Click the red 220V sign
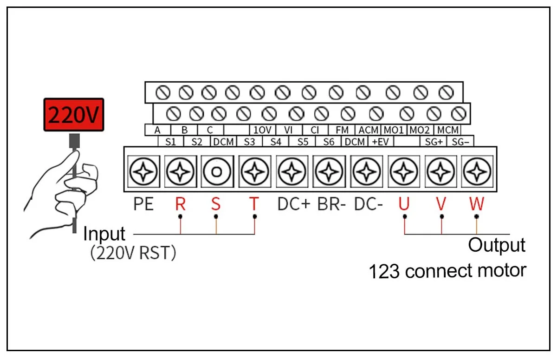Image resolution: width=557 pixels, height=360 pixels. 74,114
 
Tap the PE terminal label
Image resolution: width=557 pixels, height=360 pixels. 143,204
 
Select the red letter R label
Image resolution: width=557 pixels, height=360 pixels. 180,204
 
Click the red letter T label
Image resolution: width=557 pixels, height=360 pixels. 254,204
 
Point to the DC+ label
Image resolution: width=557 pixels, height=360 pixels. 294,204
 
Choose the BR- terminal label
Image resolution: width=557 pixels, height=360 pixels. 331,204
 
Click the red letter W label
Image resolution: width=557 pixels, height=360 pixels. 477,204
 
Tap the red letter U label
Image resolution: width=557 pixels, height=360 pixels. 404,204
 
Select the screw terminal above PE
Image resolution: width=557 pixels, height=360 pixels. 143,171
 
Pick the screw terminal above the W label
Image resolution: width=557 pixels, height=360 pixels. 477,171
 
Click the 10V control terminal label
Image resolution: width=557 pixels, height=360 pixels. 262,130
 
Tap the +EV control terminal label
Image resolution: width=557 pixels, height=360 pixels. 380,142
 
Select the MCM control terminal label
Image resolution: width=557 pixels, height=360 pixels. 448,130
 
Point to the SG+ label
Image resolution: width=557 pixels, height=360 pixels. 434,142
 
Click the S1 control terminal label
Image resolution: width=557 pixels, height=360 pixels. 171,142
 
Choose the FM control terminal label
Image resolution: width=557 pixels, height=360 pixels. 342,130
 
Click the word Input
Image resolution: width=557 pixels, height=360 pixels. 104,234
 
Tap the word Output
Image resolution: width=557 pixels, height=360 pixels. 497,246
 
